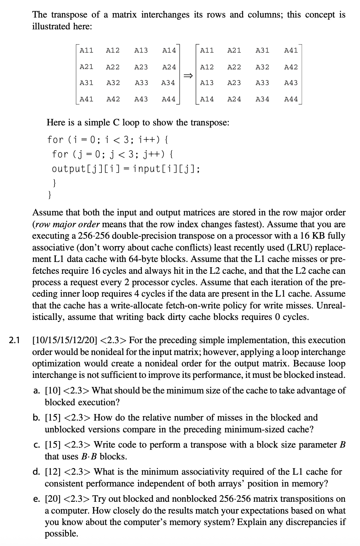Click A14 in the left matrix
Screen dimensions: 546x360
click(169, 50)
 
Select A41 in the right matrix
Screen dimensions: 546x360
click(291, 50)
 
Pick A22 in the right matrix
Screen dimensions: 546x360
click(234, 67)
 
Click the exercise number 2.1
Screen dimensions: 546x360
click(16, 340)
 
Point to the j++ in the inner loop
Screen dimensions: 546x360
click(151, 154)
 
